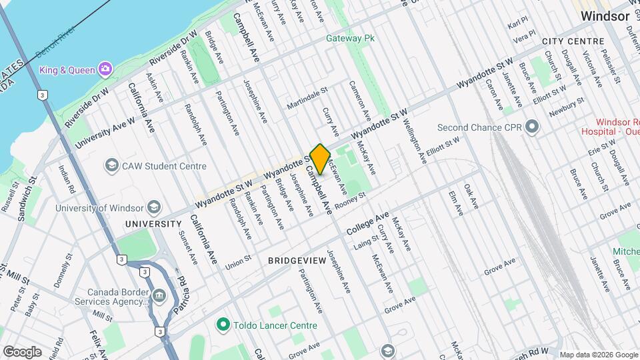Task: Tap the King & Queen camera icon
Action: coord(105,69)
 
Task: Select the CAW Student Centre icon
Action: coord(111,165)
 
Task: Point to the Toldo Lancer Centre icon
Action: coord(223,325)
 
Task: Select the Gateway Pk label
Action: coord(350,38)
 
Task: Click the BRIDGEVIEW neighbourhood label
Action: coord(297,260)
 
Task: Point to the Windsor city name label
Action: coord(605,16)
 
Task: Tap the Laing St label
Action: coord(367,243)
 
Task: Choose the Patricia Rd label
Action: coord(179,294)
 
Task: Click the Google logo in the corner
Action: coord(22,351)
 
